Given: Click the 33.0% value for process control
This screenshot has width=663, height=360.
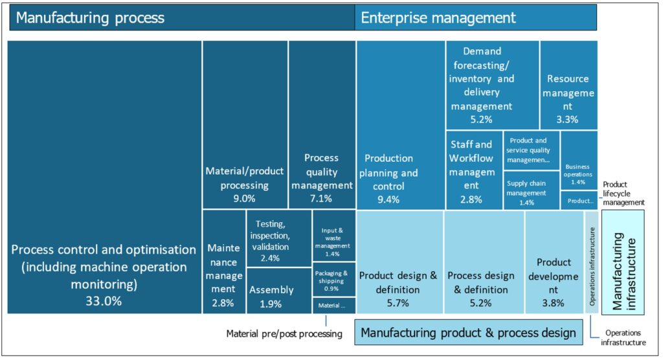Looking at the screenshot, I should click(x=104, y=301).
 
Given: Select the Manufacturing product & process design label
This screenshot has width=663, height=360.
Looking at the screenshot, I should click(x=467, y=333).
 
